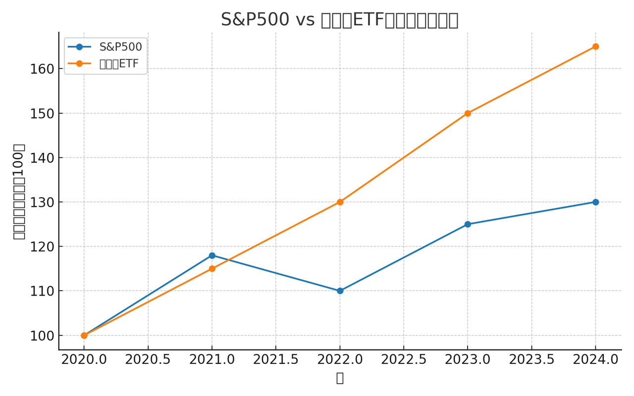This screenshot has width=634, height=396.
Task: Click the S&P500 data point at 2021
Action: point(212,255)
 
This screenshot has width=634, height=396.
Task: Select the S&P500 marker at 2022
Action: point(340,291)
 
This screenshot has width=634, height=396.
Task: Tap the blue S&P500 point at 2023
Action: point(468,224)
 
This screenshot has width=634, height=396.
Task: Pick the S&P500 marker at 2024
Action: point(595,202)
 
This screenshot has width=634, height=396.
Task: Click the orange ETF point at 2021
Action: point(212,269)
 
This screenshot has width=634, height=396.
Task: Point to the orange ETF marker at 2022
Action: point(340,202)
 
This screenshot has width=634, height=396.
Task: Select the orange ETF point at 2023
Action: point(468,113)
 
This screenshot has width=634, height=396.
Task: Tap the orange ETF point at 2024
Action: point(595,47)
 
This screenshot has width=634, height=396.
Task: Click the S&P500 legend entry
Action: point(120,47)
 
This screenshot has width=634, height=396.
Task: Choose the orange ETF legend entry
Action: point(119,64)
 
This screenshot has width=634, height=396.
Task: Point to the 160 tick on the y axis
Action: point(42,69)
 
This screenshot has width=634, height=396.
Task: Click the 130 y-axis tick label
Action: point(42,202)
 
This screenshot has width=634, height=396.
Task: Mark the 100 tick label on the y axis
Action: point(42,336)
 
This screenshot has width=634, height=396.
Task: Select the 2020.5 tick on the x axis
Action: point(148,360)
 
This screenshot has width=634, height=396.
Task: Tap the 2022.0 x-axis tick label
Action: point(340,360)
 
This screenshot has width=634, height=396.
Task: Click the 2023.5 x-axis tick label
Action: point(531,360)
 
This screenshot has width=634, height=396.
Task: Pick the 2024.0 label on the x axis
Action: point(595,360)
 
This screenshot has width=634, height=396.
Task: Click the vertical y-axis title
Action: point(19,191)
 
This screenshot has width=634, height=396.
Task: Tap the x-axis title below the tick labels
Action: point(340,378)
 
